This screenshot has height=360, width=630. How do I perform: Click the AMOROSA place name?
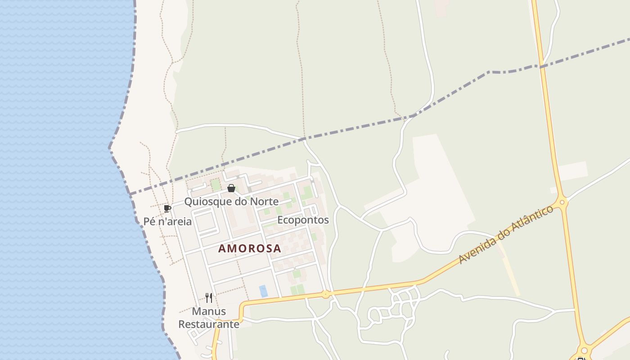coord(250,248)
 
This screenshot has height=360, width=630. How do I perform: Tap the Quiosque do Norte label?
coord(231,201)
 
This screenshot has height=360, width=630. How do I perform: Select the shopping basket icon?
coord(231,188)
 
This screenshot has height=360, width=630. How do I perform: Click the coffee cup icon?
coord(167,208)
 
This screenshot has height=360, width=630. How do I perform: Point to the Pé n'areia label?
coord(167,221)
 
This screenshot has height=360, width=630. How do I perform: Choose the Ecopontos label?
coord(303,220)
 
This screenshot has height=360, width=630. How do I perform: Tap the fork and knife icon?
coord(209,297)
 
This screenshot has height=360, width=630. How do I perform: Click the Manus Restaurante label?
coord(209,318)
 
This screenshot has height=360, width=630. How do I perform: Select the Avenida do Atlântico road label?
coord(505,235)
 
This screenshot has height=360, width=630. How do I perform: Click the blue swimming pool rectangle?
coord(263,291)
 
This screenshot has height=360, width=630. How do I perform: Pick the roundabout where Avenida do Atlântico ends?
coord(562,202)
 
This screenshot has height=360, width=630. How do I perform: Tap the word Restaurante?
coord(209,324)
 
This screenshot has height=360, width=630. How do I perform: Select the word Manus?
coord(209,311)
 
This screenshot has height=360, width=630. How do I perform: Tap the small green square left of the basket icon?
coord(216,184)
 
